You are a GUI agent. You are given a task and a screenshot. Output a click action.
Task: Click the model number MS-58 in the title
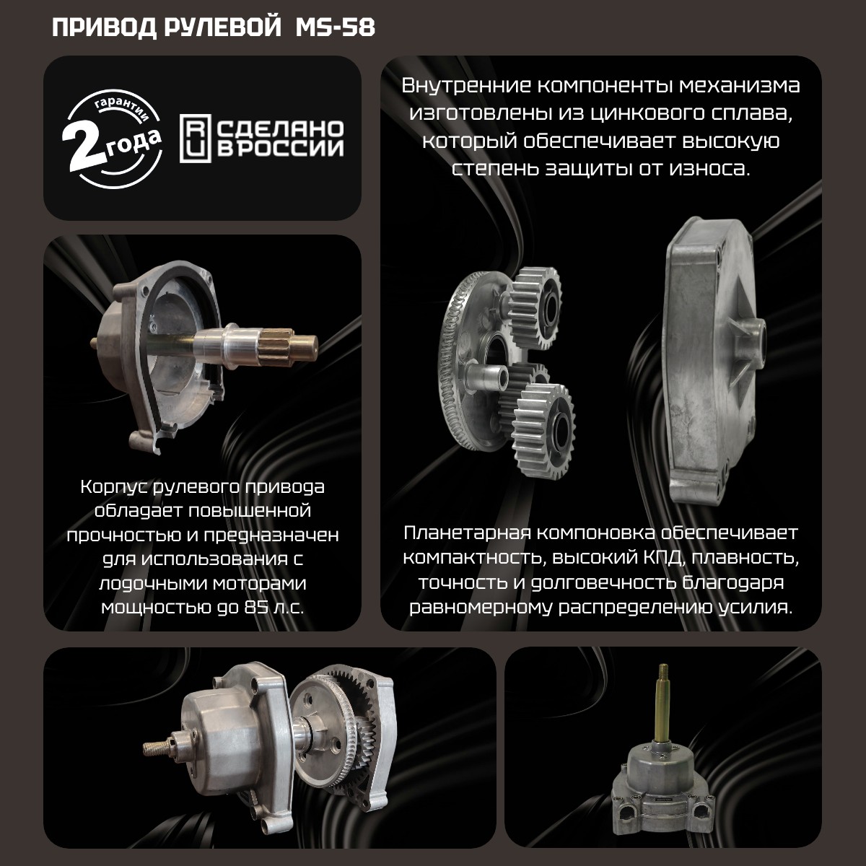(x=336, y=28)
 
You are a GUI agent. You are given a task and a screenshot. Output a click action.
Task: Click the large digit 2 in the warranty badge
(x=84, y=145)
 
